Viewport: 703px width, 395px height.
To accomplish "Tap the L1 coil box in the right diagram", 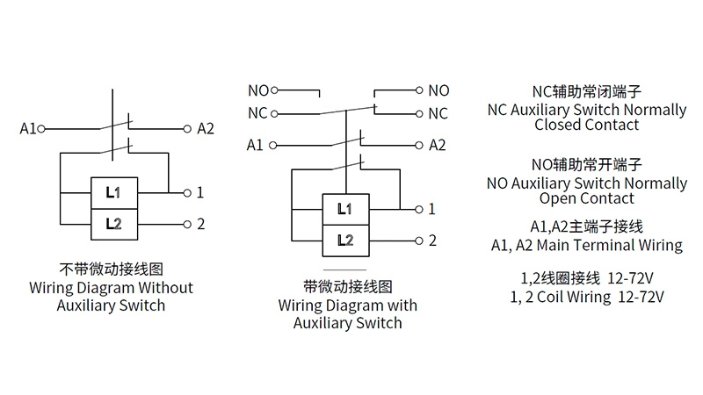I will pyautogui.click(x=345, y=209).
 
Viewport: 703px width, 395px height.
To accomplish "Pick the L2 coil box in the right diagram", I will pyautogui.click(x=345, y=240).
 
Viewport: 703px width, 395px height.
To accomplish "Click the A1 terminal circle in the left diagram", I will pyautogui.click(x=40, y=128).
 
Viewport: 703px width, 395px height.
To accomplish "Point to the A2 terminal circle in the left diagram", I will pyautogui.click(x=187, y=128).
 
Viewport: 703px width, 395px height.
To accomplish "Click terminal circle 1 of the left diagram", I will pyautogui.click(x=187, y=192).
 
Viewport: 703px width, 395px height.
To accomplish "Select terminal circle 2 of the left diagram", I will pyautogui.click(x=187, y=224).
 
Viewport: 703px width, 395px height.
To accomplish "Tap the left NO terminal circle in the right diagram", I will pyautogui.click(x=274, y=90).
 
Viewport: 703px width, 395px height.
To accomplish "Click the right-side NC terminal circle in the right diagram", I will pyautogui.click(x=419, y=113).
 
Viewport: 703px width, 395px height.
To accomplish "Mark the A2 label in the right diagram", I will pyautogui.click(x=438, y=145).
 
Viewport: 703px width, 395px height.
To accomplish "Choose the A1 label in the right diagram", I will pyautogui.click(x=255, y=145).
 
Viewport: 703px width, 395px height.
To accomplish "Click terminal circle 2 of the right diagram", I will pyautogui.click(x=419, y=241).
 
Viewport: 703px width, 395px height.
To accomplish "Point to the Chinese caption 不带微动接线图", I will pyautogui.click(x=112, y=269).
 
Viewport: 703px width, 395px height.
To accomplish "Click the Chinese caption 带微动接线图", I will pyautogui.click(x=347, y=286).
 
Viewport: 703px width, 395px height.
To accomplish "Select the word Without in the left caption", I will pyautogui.click(x=164, y=287).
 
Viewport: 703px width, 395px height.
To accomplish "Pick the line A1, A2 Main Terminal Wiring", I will pyautogui.click(x=586, y=245).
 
